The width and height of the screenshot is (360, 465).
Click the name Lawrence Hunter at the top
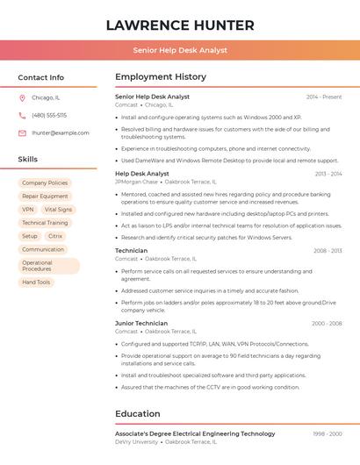(x=180, y=25)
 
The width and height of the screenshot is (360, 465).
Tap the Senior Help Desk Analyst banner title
(x=180, y=50)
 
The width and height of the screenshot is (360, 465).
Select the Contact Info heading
(x=40, y=77)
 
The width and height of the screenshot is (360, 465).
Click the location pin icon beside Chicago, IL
(x=22, y=97)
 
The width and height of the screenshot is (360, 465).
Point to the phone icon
(x=22, y=115)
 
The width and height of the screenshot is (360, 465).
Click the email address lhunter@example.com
(x=60, y=132)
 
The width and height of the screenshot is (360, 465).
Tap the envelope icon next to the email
(x=22, y=132)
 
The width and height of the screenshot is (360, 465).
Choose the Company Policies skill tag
(x=45, y=182)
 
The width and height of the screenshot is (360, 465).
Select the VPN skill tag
(x=28, y=210)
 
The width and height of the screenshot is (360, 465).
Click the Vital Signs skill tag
(x=58, y=210)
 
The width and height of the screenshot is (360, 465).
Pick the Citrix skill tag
(x=55, y=236)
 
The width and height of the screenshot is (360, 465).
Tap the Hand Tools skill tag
(x=36, y=283)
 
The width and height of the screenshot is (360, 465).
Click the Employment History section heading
(x=161, y=77)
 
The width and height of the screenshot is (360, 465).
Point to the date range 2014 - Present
(x=324, y=97)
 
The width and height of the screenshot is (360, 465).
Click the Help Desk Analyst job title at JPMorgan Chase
(x=142, y=174)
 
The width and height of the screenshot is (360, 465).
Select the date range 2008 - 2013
(x=328, y=251)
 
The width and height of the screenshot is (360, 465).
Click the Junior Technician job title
(x=141, y=324)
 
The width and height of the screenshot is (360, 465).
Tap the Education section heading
(x=138, y=414)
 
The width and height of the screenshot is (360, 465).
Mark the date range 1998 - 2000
(x=328, y=433)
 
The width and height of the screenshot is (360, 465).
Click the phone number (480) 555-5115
(x=49, y=115)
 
